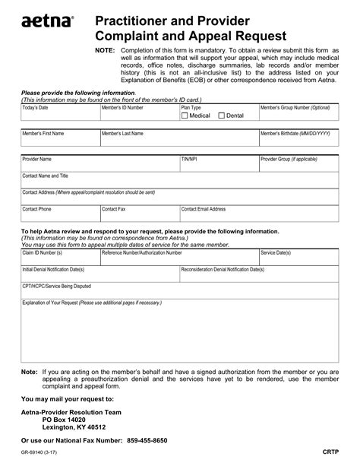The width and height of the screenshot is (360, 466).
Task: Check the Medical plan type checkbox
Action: pyautogui.click(x=185, y=116)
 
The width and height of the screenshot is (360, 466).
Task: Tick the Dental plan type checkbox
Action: pyautogui.click(x=222, y=116)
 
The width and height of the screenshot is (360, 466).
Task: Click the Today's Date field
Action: pyautogui.click(x=58, y=116)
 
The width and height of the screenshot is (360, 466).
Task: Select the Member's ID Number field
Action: pyautogui.click(x=138, y=116)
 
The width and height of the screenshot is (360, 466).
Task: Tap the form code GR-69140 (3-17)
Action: pyautogui.click(x=39, y=452)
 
